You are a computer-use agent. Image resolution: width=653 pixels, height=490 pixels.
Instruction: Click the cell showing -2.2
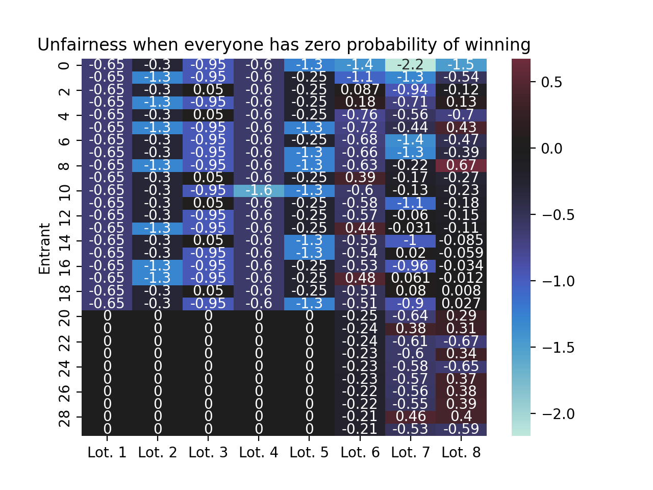[x=410, y=65]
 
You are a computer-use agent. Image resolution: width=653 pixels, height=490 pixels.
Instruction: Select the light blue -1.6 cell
[x=259, y=190]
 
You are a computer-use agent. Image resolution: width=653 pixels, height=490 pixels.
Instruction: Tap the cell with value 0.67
[x=461, y=165]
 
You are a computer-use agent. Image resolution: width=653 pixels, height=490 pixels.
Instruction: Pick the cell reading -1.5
[x=461, y=65]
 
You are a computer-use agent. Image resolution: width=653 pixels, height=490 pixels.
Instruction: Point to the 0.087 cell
[x=360, y=90]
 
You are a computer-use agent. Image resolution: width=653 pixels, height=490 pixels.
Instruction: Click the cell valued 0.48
[x=360, y=278]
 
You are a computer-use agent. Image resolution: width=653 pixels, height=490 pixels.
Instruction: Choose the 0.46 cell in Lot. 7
[x=410, y=416]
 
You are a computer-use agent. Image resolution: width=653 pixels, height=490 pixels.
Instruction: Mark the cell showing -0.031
[x=410, y=228]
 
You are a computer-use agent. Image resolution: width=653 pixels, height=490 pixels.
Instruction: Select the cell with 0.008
[x=461, y=291]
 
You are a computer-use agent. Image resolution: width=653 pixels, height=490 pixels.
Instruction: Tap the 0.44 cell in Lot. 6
[x=360, y=228]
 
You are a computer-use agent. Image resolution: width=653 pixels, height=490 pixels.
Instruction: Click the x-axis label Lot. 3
[x=208, y=452]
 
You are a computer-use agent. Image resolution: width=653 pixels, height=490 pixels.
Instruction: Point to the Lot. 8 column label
[x=461, y=452]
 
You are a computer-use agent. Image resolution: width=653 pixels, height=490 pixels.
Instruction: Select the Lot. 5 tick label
[x=309, y=452]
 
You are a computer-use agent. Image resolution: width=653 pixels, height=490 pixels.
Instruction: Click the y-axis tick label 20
[x=65, y=316]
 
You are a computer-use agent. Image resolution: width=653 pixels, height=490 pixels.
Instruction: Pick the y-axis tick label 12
[x=65, y=216]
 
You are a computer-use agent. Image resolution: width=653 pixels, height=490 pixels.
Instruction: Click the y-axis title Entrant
[x=45, y=248]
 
